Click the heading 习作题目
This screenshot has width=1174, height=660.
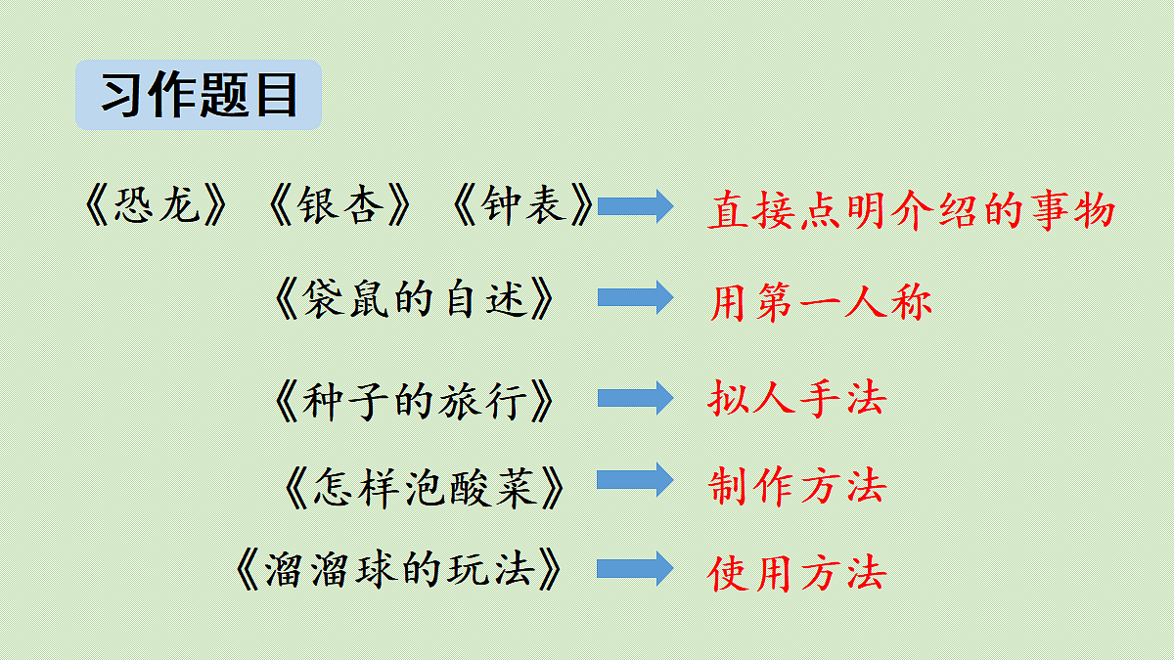click(x=200, y=95)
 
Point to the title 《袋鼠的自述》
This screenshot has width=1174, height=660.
click(x=414, y=298)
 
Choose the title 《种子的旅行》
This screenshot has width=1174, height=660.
click(x=414, y=401)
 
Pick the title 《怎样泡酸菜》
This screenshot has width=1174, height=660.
click(x=424, y=488)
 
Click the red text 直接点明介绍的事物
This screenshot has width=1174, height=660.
click(x=912, y=210)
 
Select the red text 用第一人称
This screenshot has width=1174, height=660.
click(x=821, y=302)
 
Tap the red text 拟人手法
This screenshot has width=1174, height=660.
click(x=797, y=398)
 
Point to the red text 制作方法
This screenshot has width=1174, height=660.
click(x=797, y=486)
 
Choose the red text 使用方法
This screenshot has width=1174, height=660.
click(x=797, y=573)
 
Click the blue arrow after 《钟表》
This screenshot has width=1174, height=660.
click(x=635, y=206)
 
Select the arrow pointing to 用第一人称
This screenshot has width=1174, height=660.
click(x=635, y=297)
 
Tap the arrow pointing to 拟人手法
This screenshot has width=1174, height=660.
click(x=635, y=398)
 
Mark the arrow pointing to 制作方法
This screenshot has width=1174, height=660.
click(x=635, y=480)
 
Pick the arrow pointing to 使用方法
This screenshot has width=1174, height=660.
click(x=635, y=569)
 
